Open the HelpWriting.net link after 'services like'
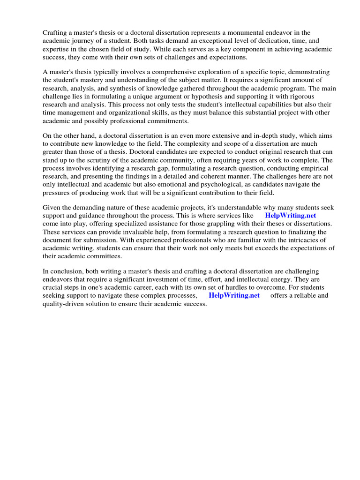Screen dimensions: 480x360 pyautogui.click(x=290, y=216)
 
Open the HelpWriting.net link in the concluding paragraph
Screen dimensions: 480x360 pyautogui.click(x=234, y=295)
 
